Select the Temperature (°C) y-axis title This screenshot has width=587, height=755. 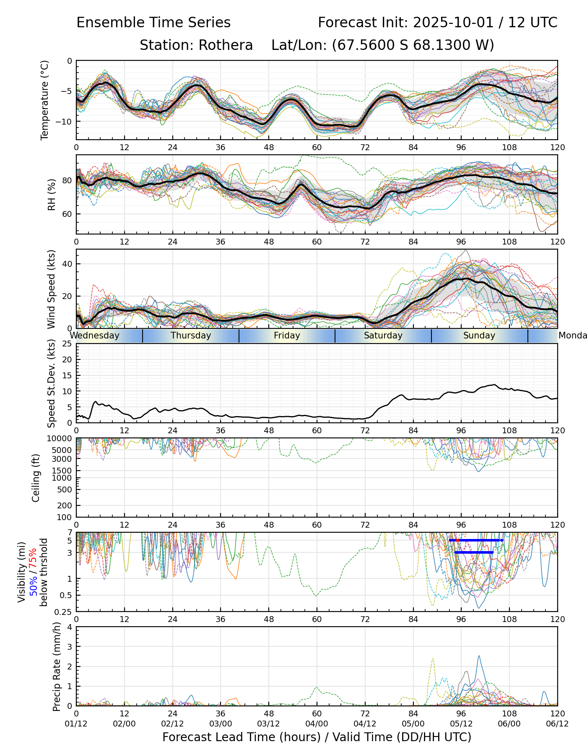pos(45,100)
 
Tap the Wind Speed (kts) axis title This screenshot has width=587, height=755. pos(51,289)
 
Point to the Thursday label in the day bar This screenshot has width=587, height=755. pos(191,336)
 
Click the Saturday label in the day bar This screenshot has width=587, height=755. pos(383,336)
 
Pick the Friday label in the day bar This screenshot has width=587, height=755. pos(287,336)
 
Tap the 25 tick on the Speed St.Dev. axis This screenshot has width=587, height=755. pos(67,344)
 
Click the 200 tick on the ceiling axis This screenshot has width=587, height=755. pos(66,505)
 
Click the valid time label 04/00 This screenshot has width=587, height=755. pos(317,724)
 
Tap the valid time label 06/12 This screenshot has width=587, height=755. pos(557,724)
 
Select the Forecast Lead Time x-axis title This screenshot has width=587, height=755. pos(317,737)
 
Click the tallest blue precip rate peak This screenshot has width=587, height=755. pos(479,656)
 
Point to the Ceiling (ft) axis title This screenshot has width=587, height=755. pos(36,478)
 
